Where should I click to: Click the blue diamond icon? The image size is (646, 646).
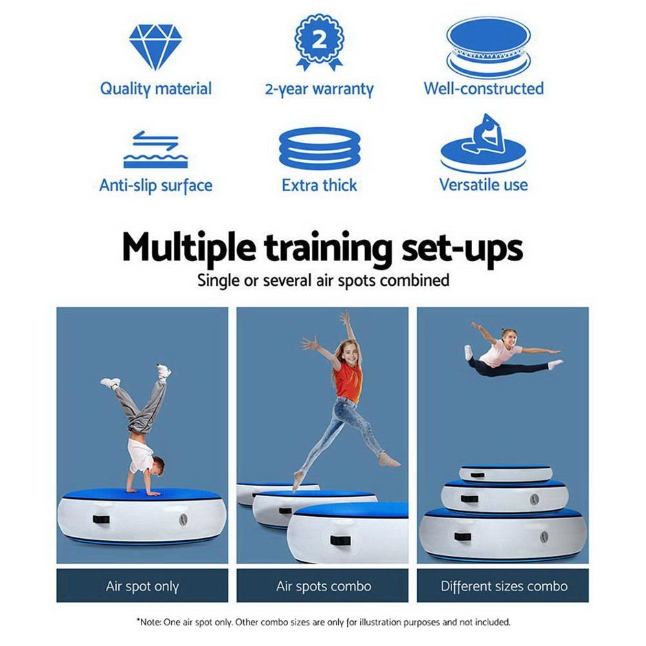click(155, 47)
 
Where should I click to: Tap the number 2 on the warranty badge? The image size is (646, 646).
click(320, 40)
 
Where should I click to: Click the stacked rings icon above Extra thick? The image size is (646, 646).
click(320, 149)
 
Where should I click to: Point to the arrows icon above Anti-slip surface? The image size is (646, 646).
click(155, 141)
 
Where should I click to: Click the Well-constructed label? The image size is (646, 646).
click(484, 89)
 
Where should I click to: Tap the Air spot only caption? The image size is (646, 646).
click(142, 586)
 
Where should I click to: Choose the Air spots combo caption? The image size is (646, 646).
click(324, 586)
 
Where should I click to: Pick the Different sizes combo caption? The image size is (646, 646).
click(504, 586)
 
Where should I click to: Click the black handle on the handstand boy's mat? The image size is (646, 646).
click(101, 520)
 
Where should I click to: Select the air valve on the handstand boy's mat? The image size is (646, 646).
click(183, 520)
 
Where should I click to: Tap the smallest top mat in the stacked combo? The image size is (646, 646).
click(506, 474)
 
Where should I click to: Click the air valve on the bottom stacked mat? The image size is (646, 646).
click(544, 537)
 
